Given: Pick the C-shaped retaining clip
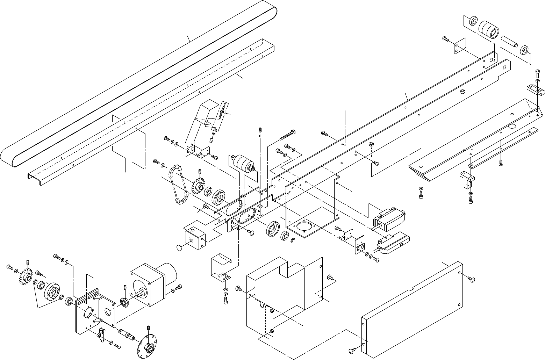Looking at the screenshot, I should (293, 242).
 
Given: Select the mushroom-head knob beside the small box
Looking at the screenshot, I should (180, 248).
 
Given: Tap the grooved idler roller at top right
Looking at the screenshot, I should (488, 30).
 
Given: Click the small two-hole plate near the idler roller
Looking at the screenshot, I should (461, 46).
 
